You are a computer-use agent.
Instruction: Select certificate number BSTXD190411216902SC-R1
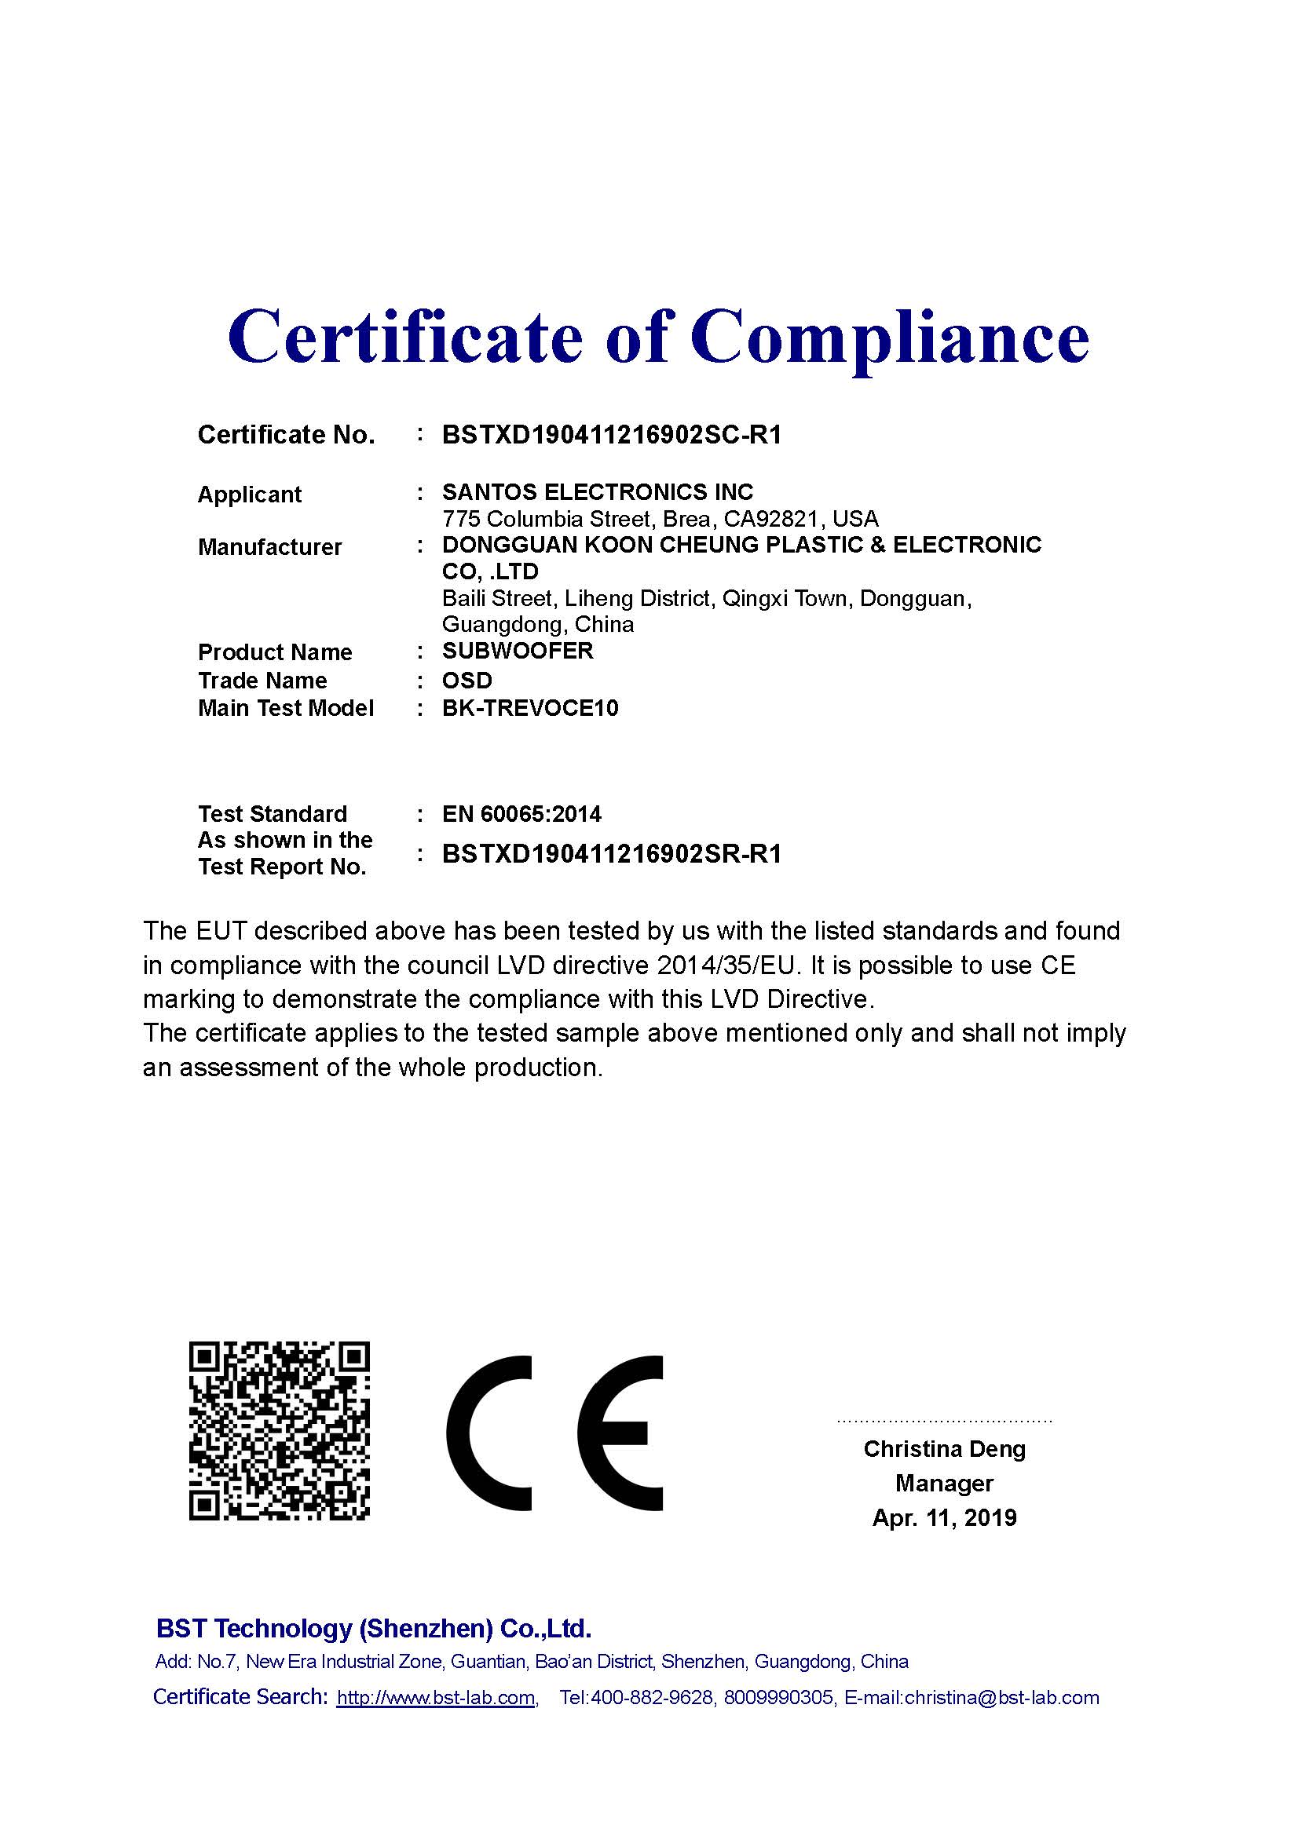[611, 435]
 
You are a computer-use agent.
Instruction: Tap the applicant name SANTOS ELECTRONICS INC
[598, 492]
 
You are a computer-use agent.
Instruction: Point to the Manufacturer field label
[269, 547]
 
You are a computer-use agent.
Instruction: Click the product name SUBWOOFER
[518, 651]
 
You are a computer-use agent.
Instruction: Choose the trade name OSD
[467, 681]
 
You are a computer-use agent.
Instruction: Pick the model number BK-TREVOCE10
[530, 709]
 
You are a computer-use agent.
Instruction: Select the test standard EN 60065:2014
[521, 814]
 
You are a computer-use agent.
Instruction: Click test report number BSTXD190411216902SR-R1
[611, 854]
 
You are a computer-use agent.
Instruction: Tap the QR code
[279, 1433]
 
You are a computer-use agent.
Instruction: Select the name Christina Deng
[944, 1449]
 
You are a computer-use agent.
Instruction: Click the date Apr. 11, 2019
[944, 1518]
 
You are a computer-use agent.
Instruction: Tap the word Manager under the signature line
[944, 1484]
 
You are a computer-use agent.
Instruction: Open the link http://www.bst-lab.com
[436, 1698]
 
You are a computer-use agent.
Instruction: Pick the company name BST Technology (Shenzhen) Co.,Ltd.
[374, 1629]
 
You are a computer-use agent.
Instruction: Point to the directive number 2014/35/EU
[728, 966]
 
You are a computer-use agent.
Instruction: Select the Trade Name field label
[262, 681]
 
